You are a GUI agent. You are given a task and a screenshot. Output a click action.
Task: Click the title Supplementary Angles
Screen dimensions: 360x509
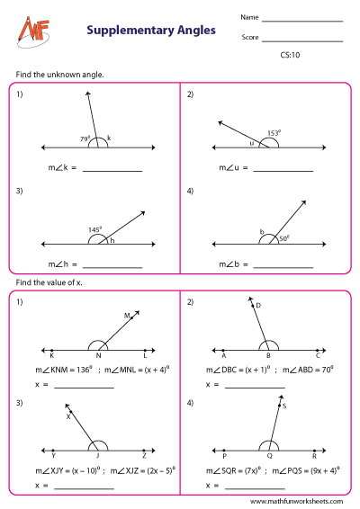coord(151,30)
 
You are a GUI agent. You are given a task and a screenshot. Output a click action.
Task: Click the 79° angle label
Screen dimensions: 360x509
coord(85,138)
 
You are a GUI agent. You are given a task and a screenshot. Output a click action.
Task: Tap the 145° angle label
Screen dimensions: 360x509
coord(94,230)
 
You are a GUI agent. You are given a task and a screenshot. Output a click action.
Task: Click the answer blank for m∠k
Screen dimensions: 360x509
coord(112,169)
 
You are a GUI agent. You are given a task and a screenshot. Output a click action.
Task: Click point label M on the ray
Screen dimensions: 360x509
coord(127,316)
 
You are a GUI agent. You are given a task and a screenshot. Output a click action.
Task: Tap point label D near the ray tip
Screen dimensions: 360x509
coord(257,307)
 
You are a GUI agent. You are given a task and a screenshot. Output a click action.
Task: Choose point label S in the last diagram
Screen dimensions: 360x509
coord(285,406)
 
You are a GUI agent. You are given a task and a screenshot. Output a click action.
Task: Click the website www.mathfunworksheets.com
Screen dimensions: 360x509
coord(296,502)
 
